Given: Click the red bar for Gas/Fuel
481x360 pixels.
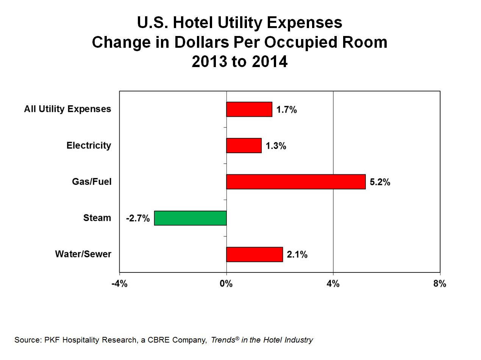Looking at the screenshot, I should (296, 182).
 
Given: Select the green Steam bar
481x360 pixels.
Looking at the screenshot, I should (190, 218).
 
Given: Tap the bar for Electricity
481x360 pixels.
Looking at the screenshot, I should (244, 146).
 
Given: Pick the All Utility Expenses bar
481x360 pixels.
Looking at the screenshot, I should (249, 109).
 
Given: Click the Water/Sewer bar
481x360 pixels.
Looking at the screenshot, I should (254, 254).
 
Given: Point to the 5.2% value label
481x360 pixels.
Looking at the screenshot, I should (380, 182).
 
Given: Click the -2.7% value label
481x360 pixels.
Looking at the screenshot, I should (138, 219).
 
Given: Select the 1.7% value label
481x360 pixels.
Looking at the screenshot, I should (286, 110).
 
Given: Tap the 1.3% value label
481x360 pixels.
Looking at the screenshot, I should (276, 146).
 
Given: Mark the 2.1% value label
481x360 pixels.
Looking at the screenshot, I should (297, 255).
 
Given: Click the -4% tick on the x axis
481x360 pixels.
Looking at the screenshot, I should (119, 284).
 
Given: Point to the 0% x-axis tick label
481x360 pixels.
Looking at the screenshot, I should (226, 284).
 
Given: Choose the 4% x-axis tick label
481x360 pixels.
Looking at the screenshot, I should (333, 284).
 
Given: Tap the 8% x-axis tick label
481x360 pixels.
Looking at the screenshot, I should (440, 284).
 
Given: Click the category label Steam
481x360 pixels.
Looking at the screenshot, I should (97, 218).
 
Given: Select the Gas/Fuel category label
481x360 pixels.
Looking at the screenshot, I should (92, 182).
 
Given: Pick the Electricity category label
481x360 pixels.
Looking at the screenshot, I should (89, 146).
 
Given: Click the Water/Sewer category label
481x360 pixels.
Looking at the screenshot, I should (83, 254).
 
